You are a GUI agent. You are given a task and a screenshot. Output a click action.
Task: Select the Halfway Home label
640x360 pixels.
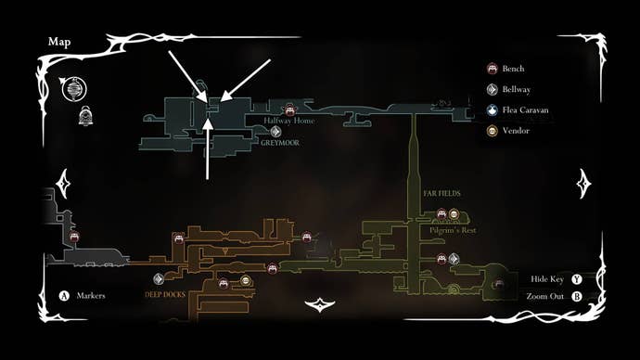tap(290, 121)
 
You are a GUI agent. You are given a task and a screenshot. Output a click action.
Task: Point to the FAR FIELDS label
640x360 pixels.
tap(442, 194)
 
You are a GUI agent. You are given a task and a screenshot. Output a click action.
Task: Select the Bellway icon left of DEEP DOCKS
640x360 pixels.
tap(159, 278)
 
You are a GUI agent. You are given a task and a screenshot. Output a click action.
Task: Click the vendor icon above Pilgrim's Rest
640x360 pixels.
tap(454, 214)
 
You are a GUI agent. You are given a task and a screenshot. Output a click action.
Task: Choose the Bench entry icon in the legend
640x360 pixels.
tap(492, 69)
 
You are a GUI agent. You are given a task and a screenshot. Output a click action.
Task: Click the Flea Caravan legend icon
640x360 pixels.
tap(492, 110)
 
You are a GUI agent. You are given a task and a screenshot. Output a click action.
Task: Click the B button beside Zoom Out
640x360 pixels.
tap(576, 297)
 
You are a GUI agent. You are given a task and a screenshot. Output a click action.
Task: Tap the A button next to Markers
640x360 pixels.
tap(65, 296)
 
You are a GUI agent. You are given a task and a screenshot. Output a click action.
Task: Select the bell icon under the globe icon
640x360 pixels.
tap(84, 115)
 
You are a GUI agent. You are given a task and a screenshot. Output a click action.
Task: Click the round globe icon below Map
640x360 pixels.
tap(72, 90)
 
